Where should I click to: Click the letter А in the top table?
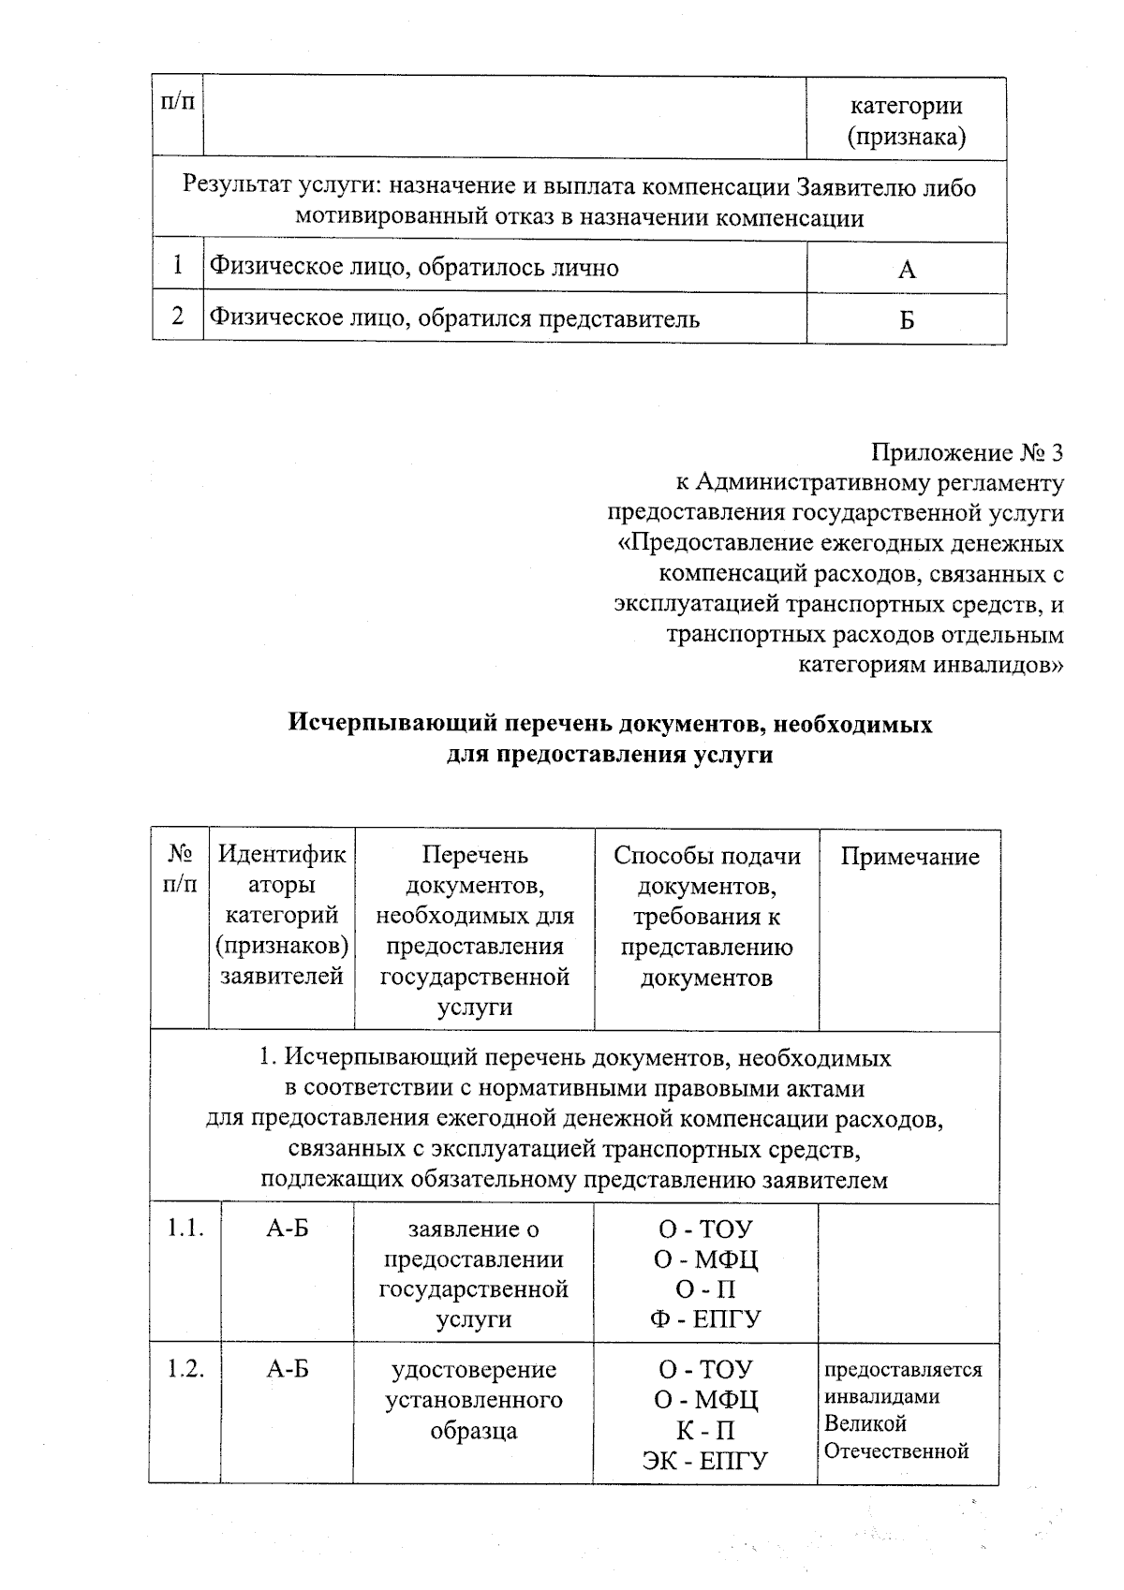[x=906, y=271]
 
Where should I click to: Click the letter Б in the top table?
[x=906, y=321]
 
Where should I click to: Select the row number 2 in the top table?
[x=177, y=317]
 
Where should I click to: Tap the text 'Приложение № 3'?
[x=968, y=453]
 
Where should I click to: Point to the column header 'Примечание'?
[x=910, y=857]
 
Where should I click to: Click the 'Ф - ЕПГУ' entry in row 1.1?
[x=705, y=1319]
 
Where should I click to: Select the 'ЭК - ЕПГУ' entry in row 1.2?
[x=704, y=1460]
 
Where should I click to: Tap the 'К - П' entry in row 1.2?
[x=705, y=1430]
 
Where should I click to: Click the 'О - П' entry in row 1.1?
[x=705, y=1289]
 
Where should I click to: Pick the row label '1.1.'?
[x=185, y=1229]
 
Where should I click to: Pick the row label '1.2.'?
[x=185, y=1369]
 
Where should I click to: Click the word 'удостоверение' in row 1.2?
[x=473, y=1370]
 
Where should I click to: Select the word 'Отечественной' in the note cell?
[x=895, y=1451]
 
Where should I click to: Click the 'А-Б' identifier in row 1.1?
[x=287, y=1229]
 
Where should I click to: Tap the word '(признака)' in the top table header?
[x=906, y=138]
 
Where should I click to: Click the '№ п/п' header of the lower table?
[x=179, y=869]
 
